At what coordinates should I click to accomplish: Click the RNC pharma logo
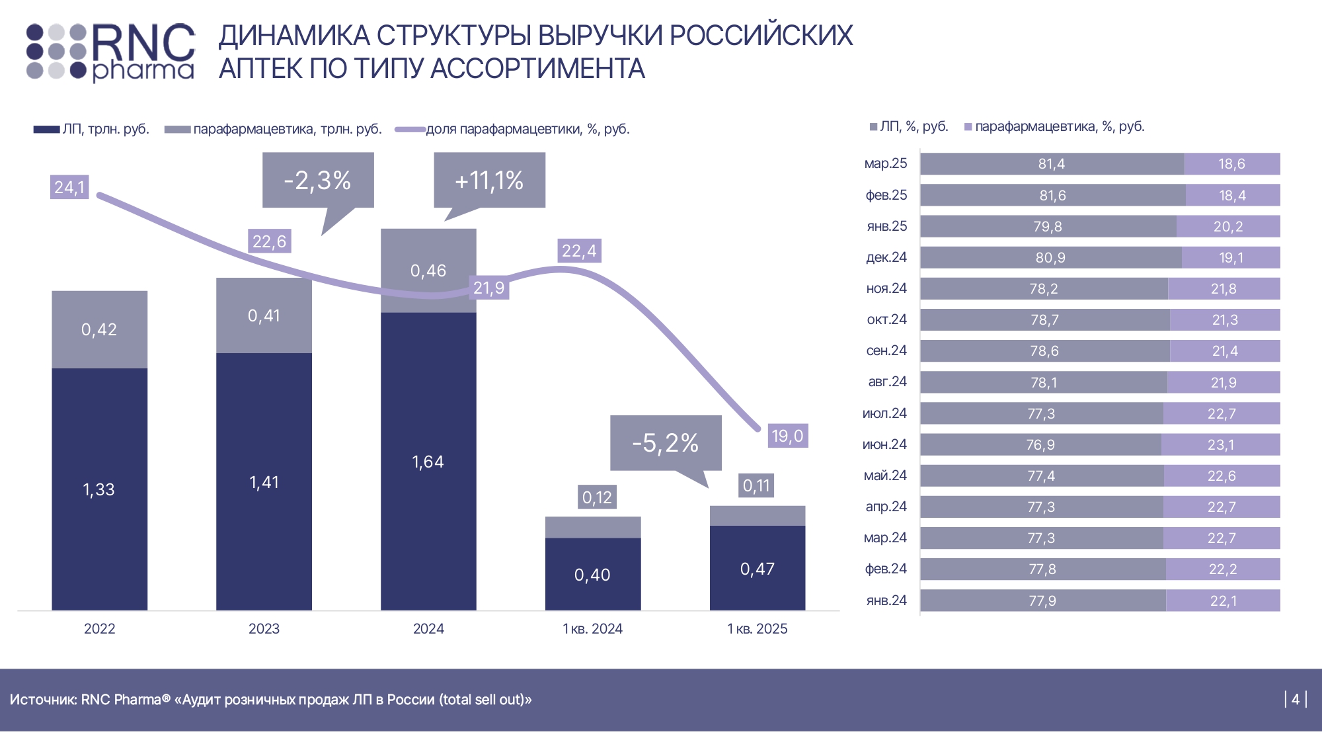(x=111, y=52)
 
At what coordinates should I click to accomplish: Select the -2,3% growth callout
(x=318, y=180)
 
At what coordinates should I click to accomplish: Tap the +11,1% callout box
(x=489, y=180)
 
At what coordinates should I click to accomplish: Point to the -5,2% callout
(x=665, y=442)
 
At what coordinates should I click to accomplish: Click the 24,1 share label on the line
(x=69, y=187)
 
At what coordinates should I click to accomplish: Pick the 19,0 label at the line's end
(x=787, y=436)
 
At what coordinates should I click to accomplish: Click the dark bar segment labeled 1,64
(x=428, y=461)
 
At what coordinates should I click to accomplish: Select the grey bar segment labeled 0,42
(x=99, y=329)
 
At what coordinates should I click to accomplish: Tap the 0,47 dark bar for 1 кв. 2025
(x=758, y=568)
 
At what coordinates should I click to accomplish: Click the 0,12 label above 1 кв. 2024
(x=597, y=497)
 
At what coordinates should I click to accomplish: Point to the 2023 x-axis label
(x=264, y=629)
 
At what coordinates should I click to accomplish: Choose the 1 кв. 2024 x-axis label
(x=592, y=629)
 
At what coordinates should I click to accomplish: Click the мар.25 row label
(x=886, y=163)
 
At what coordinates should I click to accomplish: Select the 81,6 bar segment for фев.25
(x=1052, y=195)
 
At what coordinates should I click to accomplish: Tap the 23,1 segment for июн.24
(x=1220, y=444)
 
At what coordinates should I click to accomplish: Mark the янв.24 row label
(x=886, y=600)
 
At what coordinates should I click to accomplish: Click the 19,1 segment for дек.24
(x=1231, y=257)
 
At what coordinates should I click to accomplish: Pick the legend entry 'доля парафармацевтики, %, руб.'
(x=527, y=129)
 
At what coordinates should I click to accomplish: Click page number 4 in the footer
(x=1296, y=699)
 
